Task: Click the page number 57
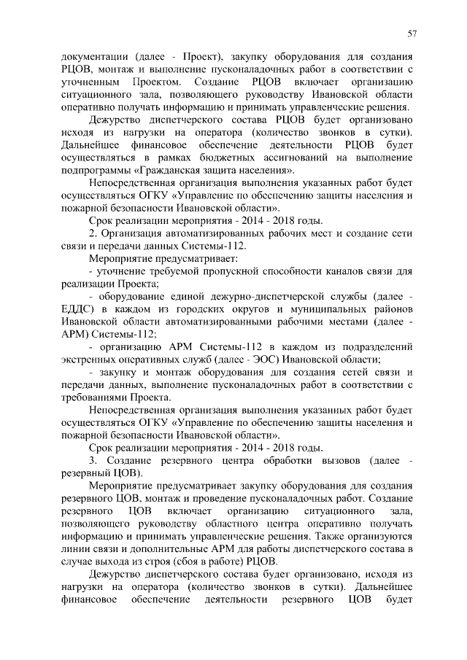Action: coord(412,34)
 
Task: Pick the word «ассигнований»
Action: coord(314,158)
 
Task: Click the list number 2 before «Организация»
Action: coord(92,234)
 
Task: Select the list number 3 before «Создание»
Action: coord(92,460)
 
